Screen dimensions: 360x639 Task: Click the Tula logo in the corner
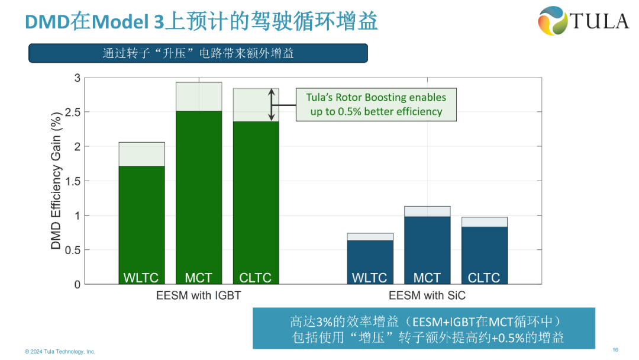[583, 21]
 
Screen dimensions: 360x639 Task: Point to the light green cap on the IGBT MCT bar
[199, 97]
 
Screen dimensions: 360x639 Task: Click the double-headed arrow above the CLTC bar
[272, 105]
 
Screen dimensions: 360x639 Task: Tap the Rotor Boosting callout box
[376, 104]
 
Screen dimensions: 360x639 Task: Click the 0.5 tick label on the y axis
[70, 250]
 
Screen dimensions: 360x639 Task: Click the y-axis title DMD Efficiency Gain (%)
[56, 181]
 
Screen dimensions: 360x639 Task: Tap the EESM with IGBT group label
[199, 295]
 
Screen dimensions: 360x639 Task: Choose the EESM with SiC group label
[427, 295]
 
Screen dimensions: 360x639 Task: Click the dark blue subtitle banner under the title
[198, 53]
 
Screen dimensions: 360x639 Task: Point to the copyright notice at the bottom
[60, 352]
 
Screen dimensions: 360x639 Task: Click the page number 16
[615, 349]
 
